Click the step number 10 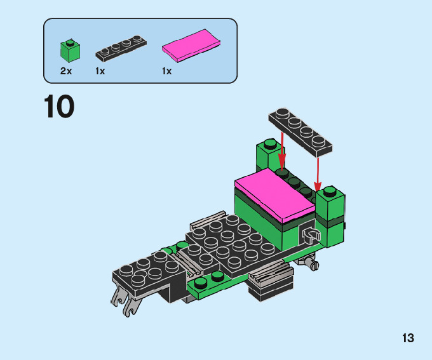[59, 106]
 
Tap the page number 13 [408, 338]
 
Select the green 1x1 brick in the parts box [71, 51]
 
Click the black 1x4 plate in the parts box [121, 48]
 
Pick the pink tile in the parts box [191, 46]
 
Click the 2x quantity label [66, 71]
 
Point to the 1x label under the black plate [100, 71]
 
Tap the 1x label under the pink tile [167, 71]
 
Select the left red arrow [282, 150]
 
